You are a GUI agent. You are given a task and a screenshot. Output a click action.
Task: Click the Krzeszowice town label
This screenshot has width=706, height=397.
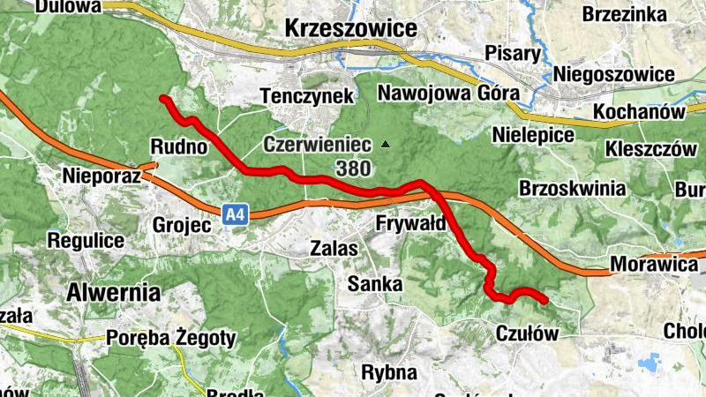(350, 28)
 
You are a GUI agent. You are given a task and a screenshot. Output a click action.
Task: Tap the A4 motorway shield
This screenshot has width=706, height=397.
(234, 213)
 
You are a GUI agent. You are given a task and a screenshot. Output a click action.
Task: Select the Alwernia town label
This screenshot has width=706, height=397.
(115, 292)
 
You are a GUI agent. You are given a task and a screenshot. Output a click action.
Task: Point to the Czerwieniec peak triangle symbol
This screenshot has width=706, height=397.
(385, 144)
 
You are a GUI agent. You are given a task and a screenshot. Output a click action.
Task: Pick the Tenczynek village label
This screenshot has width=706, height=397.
(307, 95)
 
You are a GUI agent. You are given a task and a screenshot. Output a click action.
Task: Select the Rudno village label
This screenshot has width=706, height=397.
(179, 146)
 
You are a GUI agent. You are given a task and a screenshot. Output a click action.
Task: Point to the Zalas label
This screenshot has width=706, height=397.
(334, 249)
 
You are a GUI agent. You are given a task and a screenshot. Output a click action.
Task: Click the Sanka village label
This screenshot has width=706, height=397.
(374, 284)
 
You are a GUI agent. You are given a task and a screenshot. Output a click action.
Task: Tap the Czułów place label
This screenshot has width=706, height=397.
(528, 333)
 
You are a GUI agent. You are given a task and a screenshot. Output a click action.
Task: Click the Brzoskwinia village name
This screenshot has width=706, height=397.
(573, 189)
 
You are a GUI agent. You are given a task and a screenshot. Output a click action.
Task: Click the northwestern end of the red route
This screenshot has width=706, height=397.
(161, 98)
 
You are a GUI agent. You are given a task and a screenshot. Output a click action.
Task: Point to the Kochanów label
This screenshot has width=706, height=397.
(640, 112)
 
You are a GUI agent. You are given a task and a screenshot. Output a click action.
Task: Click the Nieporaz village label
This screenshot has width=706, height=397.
(102, 176)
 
